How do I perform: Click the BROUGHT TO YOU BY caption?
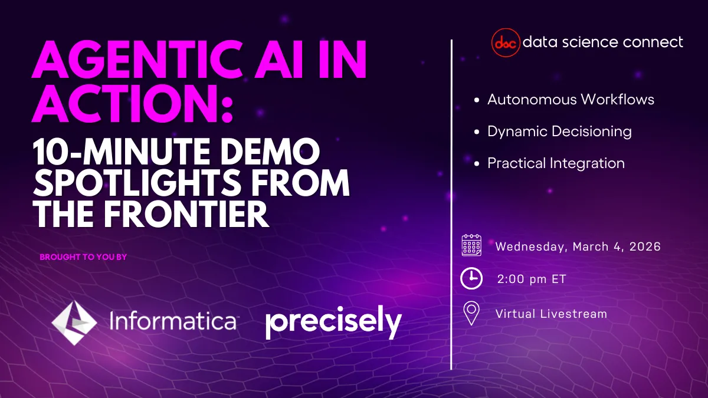click(x=83, y=257)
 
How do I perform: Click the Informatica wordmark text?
click(x=173, y=322)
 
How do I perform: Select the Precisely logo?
click(x=333, y=323)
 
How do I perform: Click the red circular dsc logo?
click(x=506, y=42)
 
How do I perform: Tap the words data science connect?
click(x=603, y=42)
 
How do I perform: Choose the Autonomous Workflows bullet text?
click(x=571, y=100)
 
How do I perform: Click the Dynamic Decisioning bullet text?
click(x=559, y=131)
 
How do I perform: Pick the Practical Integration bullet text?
click(x=556, y=163)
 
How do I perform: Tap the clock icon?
click(x=471, y=278)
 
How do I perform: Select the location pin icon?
click(x=471, y=313)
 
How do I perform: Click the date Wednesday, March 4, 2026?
click(x=578, y=246)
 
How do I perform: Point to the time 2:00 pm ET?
click(x=532, y=279)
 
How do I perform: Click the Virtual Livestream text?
click(x=551, y=314)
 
